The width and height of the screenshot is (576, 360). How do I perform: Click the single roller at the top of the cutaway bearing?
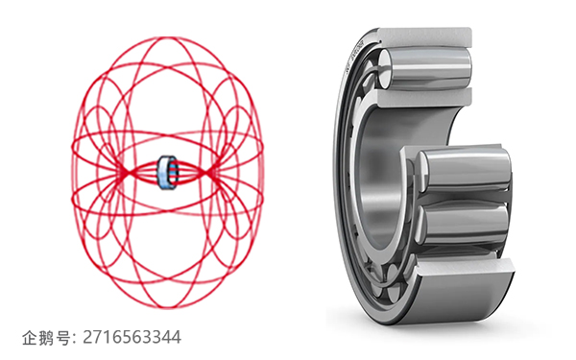tap(426, 68)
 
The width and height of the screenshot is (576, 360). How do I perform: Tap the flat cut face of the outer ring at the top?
tap(424, 37)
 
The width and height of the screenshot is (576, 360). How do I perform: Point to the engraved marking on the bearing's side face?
tap(355, 55)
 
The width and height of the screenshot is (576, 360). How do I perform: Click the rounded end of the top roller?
tap(384, 69)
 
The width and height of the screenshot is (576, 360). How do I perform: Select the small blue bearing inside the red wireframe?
tap(167, 173)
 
